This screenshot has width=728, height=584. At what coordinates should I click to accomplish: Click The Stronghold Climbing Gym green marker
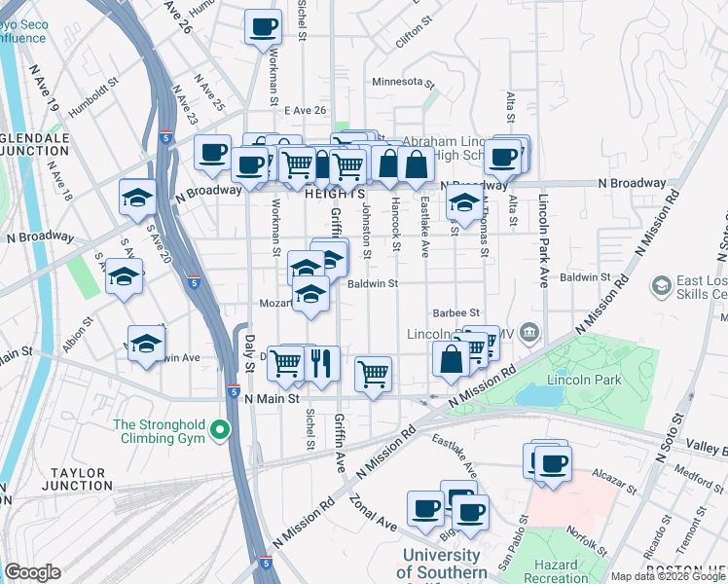[221, 429]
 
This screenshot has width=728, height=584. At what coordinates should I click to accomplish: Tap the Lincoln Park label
[584, 379]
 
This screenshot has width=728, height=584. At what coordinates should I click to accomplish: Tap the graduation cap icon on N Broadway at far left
[137, 197]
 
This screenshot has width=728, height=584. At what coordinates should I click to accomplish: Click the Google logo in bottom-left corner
[32, 572]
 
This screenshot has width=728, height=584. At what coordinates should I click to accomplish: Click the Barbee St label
[457, 313]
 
